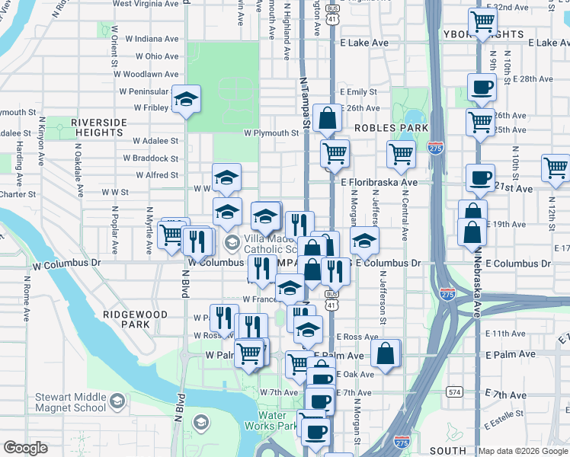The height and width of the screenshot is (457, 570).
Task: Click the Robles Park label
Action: coord(391,128)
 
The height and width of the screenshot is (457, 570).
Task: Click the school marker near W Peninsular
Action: coord(186,100)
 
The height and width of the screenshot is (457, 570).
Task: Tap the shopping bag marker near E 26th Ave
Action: coord(327,119)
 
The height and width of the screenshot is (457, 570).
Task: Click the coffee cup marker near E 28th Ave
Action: coord(481,88)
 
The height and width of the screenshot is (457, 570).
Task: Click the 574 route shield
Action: coord(455,391)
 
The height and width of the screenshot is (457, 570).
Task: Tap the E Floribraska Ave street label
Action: coord(379,183)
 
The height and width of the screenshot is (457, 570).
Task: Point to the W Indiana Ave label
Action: coord(152,38)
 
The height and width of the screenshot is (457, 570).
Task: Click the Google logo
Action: coord(25,448)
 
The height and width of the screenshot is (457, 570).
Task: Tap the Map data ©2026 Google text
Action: coord(522,451)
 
